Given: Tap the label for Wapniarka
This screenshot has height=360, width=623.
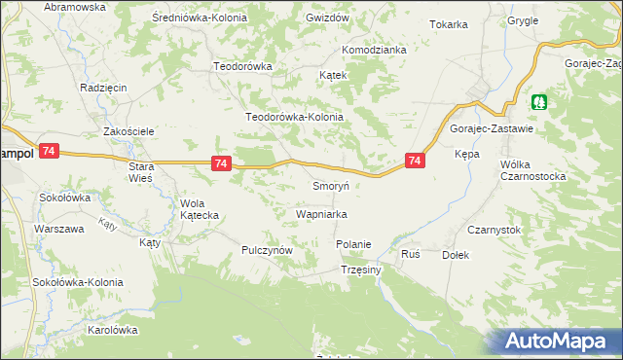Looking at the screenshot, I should click(322, 213).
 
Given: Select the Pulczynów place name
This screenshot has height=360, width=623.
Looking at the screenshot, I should click(268, 250).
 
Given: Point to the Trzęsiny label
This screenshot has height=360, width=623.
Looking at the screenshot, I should click(360, 270).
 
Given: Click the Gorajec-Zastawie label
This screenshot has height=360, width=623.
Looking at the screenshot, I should click(490, 128).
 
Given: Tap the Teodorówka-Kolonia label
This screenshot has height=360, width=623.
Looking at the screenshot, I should click(295, 117).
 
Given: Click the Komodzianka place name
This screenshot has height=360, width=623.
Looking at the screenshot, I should click(373, 50).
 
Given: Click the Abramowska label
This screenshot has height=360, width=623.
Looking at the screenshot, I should click(74, 7).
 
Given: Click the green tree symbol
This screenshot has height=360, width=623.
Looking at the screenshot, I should click(538, 100).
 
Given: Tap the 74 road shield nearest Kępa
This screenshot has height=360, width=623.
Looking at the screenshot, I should click(416, 161).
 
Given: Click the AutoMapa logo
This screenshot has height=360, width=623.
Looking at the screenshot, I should click(560, 341).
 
